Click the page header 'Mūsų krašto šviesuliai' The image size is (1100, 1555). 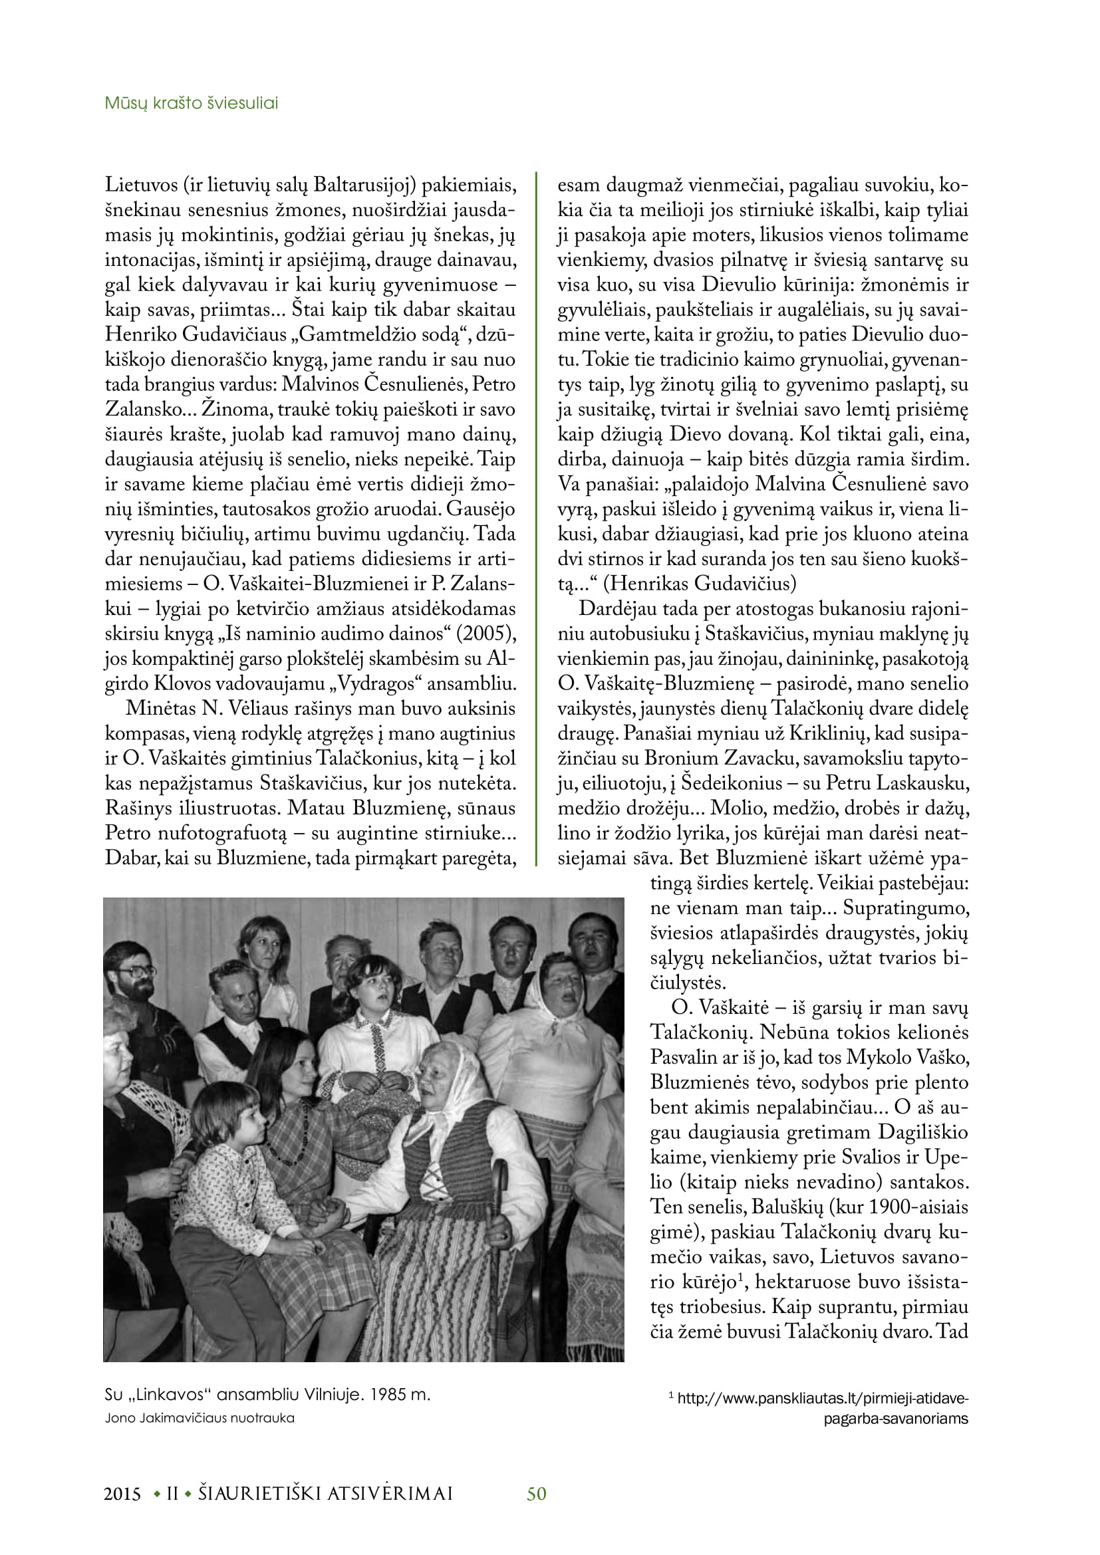[191, 103]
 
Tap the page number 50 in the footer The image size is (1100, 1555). [537, 1493]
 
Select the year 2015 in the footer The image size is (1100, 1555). [122, 1494]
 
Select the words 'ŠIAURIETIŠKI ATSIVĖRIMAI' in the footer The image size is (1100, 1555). [325, 1494]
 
